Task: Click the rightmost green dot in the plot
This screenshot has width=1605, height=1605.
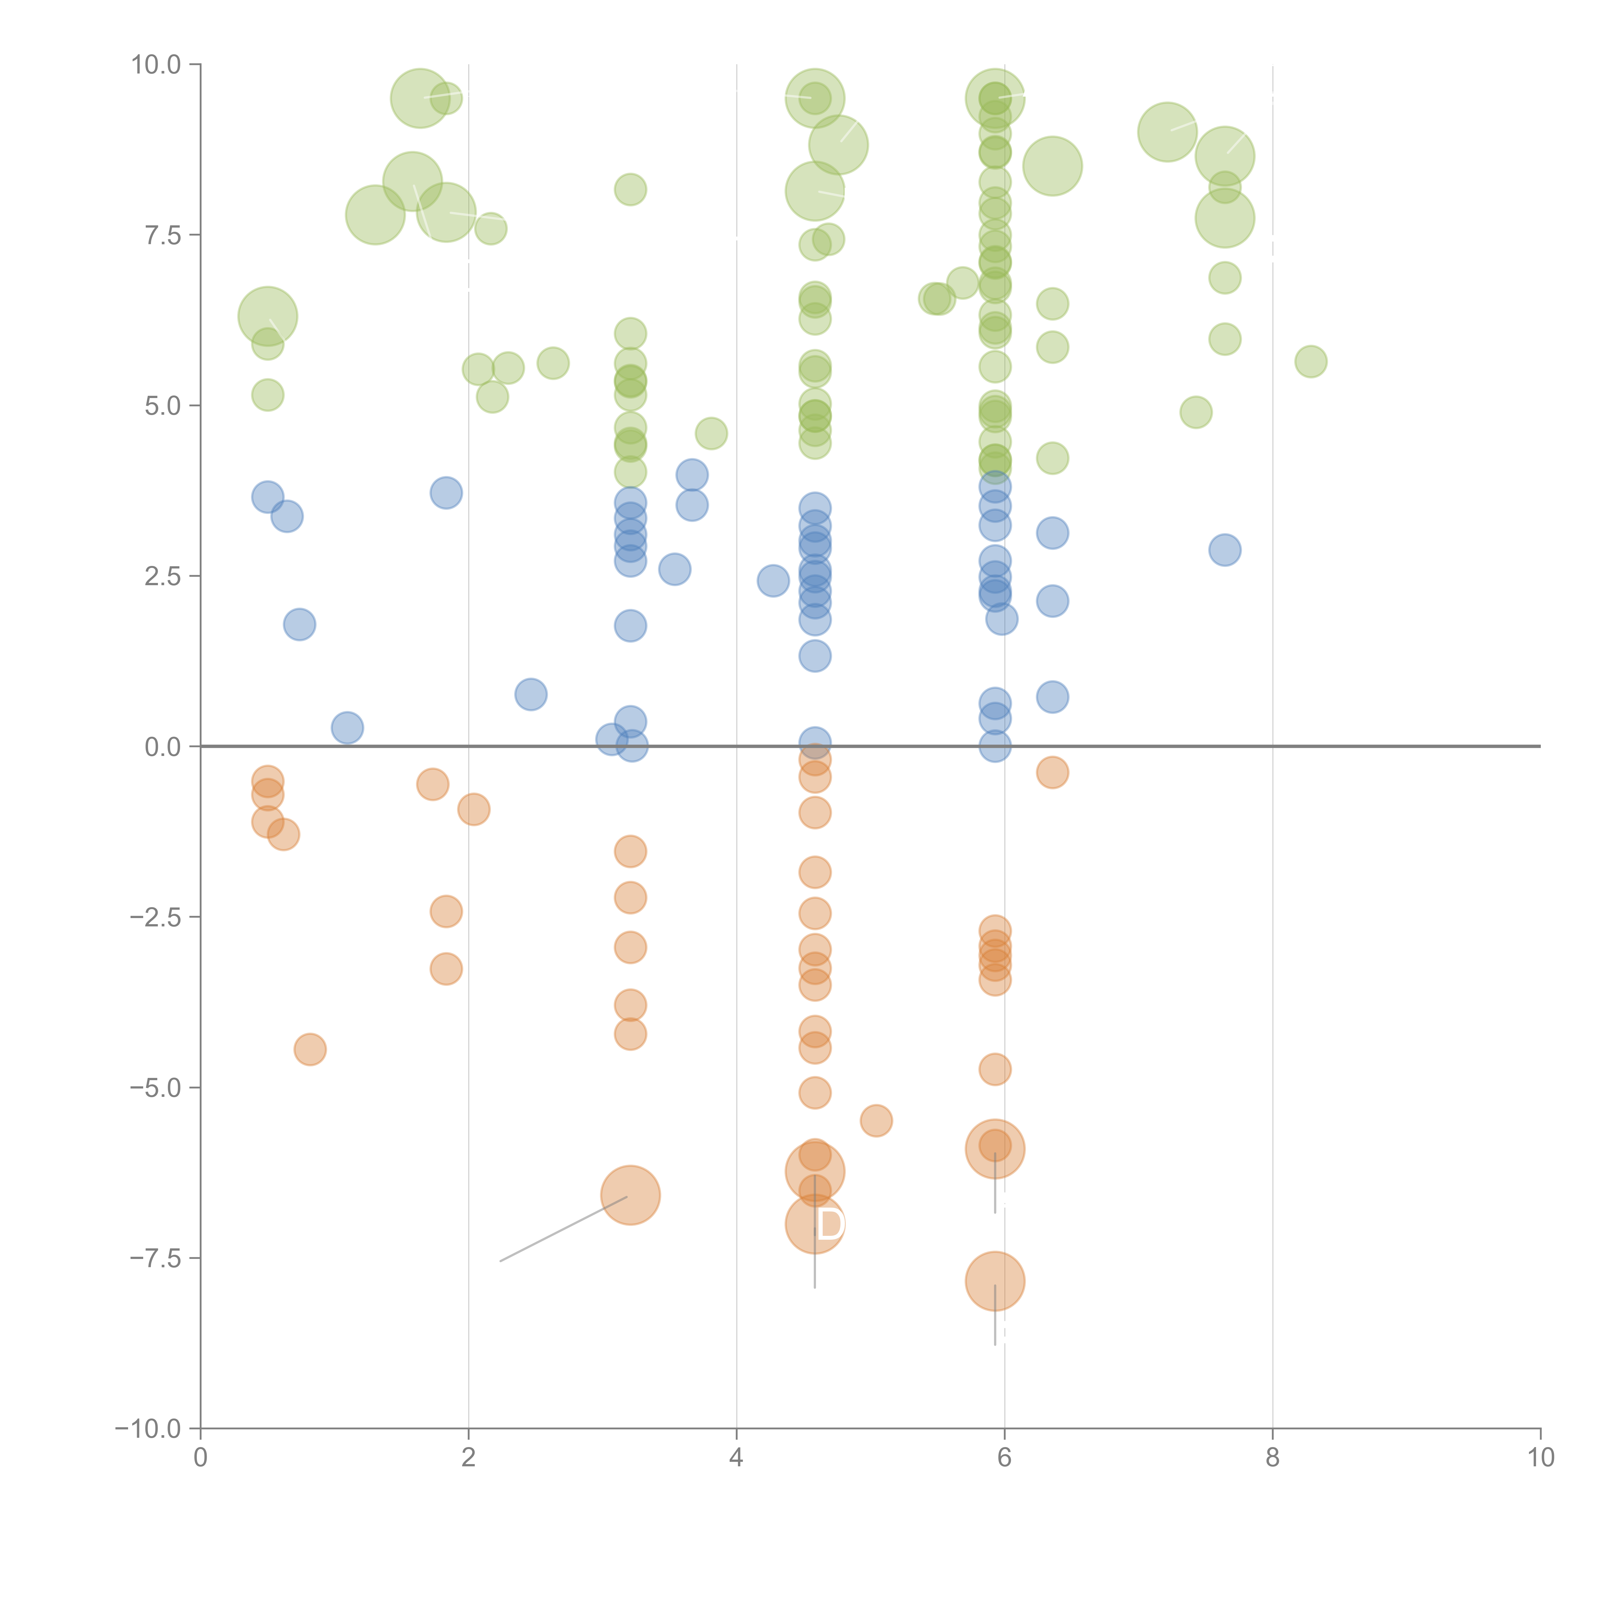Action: pyautogui.click(x=1310, y=361)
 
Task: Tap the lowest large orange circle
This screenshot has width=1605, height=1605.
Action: pyautogui.click(x=994, y=1281)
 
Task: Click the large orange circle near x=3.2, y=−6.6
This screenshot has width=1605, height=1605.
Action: pyautogui.click(x=630, y=1195)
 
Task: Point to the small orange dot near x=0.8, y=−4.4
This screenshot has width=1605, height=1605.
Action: pyautogui.click(x=310, y=1049)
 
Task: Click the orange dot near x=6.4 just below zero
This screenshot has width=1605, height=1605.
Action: pyautogui.click(x=1052, y=773)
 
